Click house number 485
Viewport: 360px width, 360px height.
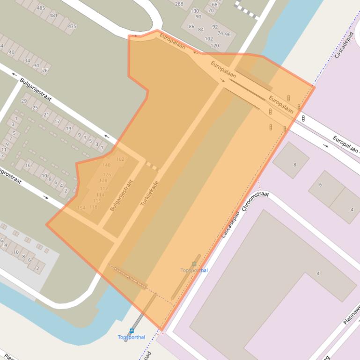point(41,8)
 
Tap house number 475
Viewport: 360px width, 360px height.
point(72,26)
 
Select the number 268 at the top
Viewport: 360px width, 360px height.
point(179,4)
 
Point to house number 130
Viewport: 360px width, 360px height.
point(195,11)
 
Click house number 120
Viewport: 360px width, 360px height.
point(214,46)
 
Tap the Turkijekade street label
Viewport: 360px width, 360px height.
point(150,193)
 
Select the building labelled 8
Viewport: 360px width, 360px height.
point(294,165)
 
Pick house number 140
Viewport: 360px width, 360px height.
point(106,165)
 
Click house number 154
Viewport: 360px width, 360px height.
point(81,208)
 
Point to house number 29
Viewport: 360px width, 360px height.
point(24,101)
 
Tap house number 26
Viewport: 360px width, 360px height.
point(45,71)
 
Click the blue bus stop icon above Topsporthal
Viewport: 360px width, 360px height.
point(132,331)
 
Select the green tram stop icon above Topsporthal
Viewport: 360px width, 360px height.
point(194,264)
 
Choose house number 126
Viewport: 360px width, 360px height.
point(107,175)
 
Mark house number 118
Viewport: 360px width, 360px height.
point(93,207)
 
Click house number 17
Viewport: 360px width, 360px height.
point(57,122)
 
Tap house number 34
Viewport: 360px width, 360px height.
point(27,60)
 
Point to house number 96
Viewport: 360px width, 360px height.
point(228,35)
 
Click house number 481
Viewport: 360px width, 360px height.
point(53,15)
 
